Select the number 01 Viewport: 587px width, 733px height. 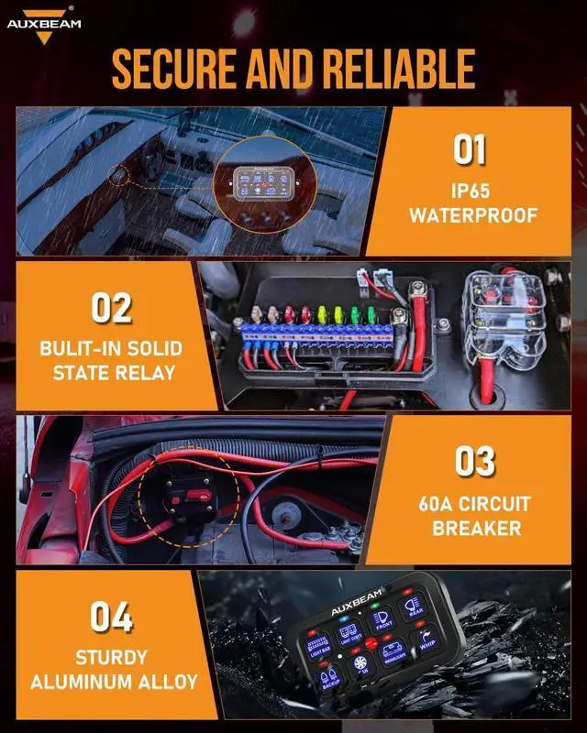click(x=469, y=149)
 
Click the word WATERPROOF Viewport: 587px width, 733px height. click(x=470, y=216)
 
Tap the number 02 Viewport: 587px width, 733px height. click(x=111, y=308)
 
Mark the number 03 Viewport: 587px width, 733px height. click(x=476, y=461)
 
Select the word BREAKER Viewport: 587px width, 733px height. click(x=476, y=529)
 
